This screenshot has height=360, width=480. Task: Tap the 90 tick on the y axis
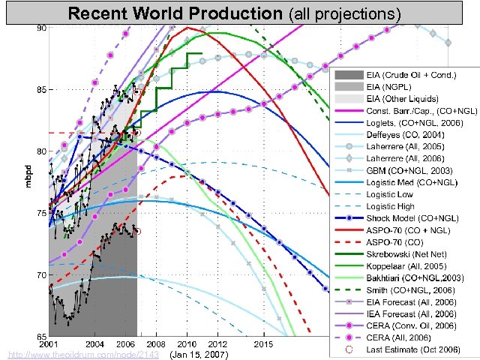(42, 28)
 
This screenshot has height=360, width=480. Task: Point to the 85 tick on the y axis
(42, 90)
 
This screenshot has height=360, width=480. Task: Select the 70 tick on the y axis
(42, 275)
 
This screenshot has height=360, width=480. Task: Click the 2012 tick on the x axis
(218, 343)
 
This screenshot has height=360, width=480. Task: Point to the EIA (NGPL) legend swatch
(349, 88)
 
